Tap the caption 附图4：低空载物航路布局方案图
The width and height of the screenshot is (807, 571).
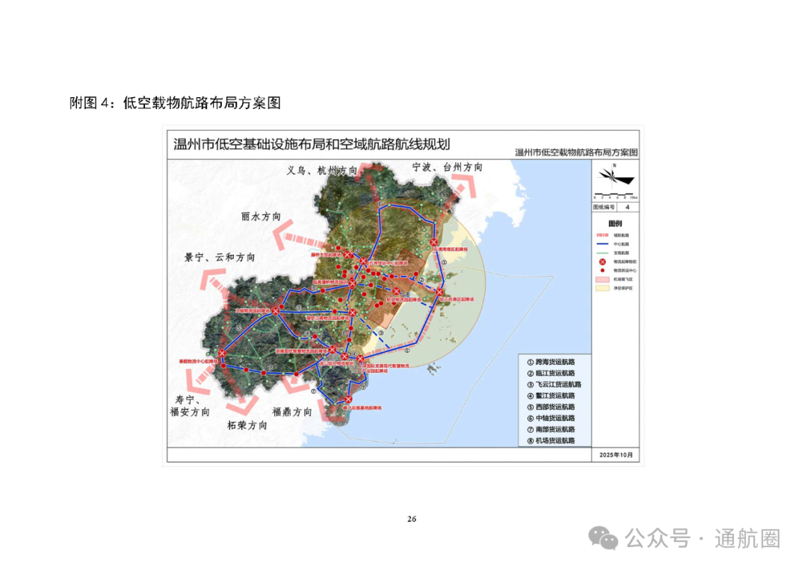[175, 103]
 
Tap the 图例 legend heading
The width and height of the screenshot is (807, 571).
[615, 223]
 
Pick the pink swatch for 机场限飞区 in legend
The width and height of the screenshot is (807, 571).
[599, 278]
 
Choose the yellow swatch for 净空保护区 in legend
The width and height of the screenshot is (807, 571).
[599, 287]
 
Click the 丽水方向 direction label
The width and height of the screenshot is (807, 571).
[261, 217]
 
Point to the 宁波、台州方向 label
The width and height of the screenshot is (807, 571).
[448, 167]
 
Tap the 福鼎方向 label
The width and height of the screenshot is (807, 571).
[292, 412]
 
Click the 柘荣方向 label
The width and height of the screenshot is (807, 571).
[247, 425]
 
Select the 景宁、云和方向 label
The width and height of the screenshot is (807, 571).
[220, 257]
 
